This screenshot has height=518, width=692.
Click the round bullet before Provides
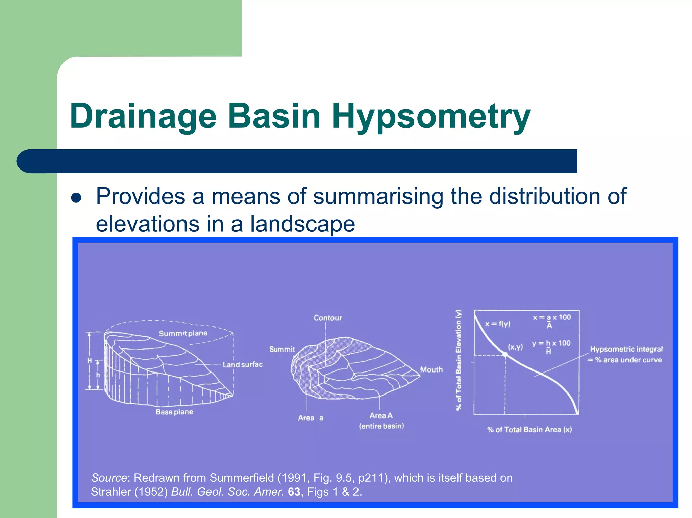pyautogui.click(x=77, y=198)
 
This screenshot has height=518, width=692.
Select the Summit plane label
pyautogui.click(x=183, y=333)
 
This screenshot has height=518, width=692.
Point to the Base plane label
pyautogui.click(x=174, y=412)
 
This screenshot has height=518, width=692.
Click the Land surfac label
pyautogui.click(x=242, y=365)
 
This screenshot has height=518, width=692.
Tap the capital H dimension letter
pyautogui.click(x=90, y=361)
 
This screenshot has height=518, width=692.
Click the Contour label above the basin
pyautogui.click(x=327, y=318)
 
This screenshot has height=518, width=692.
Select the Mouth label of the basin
pyautogui.click(x=431, y=370)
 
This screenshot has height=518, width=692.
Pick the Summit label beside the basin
pyautogui.click(x=282, y=350)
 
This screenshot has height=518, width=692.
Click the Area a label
pyautogui.click(x=310, y=418)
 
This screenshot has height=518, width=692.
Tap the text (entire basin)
pyautogui.click(x=381, y=426)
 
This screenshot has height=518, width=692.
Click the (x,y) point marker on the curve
pyautogui.click(x=505, y=354)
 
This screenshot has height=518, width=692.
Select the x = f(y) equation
pyautogui.click(x=497, y=324)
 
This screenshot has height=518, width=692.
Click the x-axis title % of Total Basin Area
pyautogui.click(x=529, y=430)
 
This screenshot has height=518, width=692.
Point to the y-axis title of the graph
pyautogui.click(x=459, y=360)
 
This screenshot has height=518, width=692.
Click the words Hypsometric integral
pyautogui.click(x=626, y=349)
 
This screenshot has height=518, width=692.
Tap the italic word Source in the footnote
pyautogui.click(x=109, y=478)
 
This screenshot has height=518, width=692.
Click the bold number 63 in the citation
pyautogui.click(x=294, y=492)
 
